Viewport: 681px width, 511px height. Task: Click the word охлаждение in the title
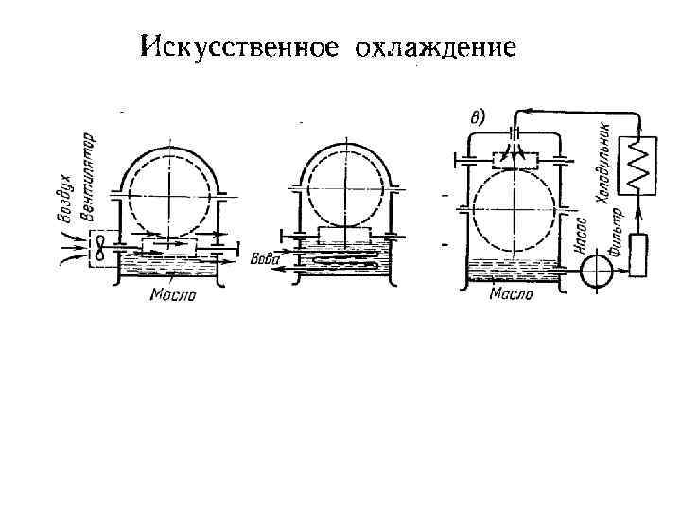tap(436, 46)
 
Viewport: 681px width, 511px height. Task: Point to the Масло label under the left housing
tap(172, 294)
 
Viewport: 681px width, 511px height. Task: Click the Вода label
tap(266, 258)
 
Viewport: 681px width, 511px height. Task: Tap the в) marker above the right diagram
tap(478, 117)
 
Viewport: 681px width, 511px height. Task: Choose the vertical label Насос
tap(582, 238)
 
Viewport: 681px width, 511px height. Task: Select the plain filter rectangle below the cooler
tap(639, 253)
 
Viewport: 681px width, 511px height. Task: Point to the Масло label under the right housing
tap(511, 294)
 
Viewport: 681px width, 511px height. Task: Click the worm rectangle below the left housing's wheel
tap(169, 247)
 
